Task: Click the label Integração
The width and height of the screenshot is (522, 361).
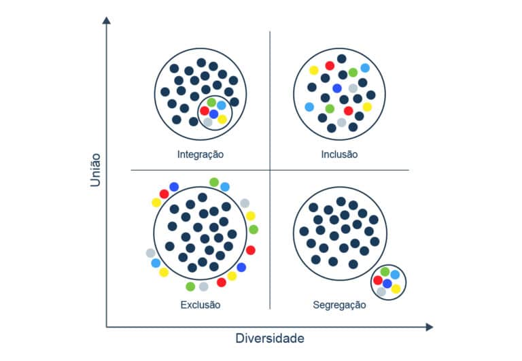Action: point(200,154)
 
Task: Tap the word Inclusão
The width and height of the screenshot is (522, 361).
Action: point(339,154)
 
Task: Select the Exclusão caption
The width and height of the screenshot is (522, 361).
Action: point(200,305)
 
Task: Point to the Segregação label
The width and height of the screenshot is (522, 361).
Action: point(339,305)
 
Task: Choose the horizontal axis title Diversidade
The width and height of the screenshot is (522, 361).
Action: point(270,338)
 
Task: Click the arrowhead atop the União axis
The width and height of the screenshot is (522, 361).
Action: point(106,20)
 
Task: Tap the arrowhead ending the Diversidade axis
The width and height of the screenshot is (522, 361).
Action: point(429,327)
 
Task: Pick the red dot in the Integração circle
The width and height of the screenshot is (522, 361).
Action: point(205,110)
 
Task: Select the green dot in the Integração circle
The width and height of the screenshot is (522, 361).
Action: point(211,102)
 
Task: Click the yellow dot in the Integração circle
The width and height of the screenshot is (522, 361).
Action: point(222,119)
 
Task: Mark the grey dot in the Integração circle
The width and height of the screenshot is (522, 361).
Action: point(208,122)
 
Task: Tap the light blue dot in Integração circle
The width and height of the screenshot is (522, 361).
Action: point(222,105)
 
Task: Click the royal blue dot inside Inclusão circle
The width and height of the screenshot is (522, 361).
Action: point(336,88)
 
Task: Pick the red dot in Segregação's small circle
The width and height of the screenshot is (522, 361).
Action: point(378,280)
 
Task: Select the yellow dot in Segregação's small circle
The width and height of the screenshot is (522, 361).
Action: point(396,288)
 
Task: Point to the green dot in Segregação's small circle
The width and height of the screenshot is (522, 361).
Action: point(385,272)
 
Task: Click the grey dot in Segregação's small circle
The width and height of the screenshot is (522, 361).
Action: point(381,292)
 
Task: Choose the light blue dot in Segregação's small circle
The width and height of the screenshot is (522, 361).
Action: point(395,275)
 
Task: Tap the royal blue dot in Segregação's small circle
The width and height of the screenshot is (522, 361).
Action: point(387,283)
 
